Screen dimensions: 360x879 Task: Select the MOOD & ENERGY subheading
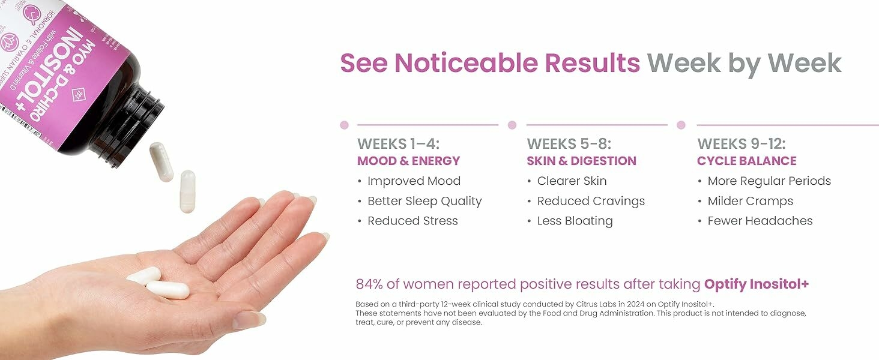(408, 161)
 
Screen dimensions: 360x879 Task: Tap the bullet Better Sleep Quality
(424, 201)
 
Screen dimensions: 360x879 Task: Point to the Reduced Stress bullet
(412, 221)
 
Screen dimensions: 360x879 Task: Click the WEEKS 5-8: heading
(569, 144)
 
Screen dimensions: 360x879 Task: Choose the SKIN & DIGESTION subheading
(581, 161)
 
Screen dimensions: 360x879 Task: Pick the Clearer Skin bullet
(572, 181)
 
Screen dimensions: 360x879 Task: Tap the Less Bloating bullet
(575, 221)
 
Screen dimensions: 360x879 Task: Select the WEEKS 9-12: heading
(741, 144)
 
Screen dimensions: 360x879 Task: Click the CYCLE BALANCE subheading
(746, 161)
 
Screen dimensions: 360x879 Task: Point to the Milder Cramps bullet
(750, 201)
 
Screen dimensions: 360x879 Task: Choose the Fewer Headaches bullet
(760, 221)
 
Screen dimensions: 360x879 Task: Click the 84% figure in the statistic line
(370, 284)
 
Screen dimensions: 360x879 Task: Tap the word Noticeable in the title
(517, 63)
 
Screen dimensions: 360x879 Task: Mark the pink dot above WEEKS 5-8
(512, 125)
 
